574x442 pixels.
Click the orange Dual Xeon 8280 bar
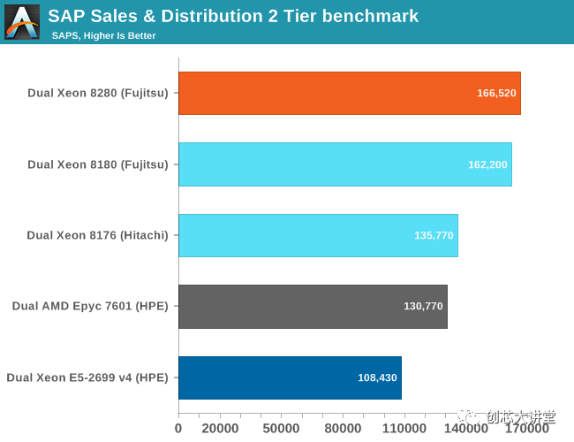(349, 93)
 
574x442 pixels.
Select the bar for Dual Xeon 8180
(344, 164)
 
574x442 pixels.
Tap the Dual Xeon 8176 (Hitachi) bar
(318, 235)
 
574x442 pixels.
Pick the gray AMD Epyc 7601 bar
(313, 307)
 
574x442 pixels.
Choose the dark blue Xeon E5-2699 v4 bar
(290, 377)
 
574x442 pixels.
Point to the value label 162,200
(487, 164)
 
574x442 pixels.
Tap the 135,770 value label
(433, 235)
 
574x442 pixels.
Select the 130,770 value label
(423, 307)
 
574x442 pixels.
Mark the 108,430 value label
(377, 377)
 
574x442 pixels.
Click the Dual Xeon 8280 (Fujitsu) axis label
(97, 93)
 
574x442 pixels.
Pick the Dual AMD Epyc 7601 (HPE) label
(89, 307)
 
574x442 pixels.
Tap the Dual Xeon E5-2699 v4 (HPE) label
(87, 377)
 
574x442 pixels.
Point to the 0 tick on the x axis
(178, 429)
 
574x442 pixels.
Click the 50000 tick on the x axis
(281, 429)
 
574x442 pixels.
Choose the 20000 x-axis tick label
(219, 429)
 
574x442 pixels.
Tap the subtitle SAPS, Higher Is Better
(103, 35)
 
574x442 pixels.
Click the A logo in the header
(22, 21)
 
